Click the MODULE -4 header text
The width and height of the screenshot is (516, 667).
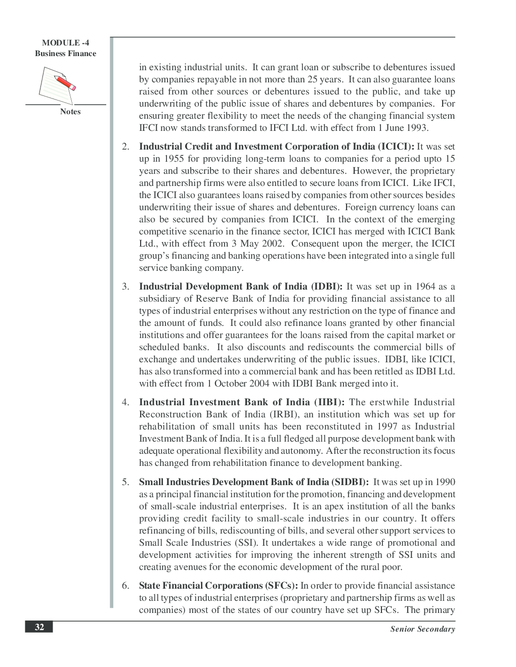pos(65,43)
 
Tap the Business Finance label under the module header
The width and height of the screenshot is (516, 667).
pos(65,54)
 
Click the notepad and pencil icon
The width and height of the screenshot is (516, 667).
pos(58,85)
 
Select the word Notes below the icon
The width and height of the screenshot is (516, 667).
pos(70,112)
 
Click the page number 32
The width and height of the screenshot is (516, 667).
pos(39,627)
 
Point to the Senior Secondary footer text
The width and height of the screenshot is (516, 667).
pos(422,629)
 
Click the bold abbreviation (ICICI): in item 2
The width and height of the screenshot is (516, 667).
pos(396,147)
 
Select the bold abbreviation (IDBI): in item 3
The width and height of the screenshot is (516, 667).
pos(326,287)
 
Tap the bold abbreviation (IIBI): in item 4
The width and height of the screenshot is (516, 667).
pos(329,402)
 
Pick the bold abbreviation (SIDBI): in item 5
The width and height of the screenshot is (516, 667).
pos(350,482)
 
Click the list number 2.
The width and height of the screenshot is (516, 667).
pos(125,147)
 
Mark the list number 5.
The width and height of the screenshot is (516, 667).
pos(125,482)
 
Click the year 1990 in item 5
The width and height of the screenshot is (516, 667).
pos(445,482)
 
